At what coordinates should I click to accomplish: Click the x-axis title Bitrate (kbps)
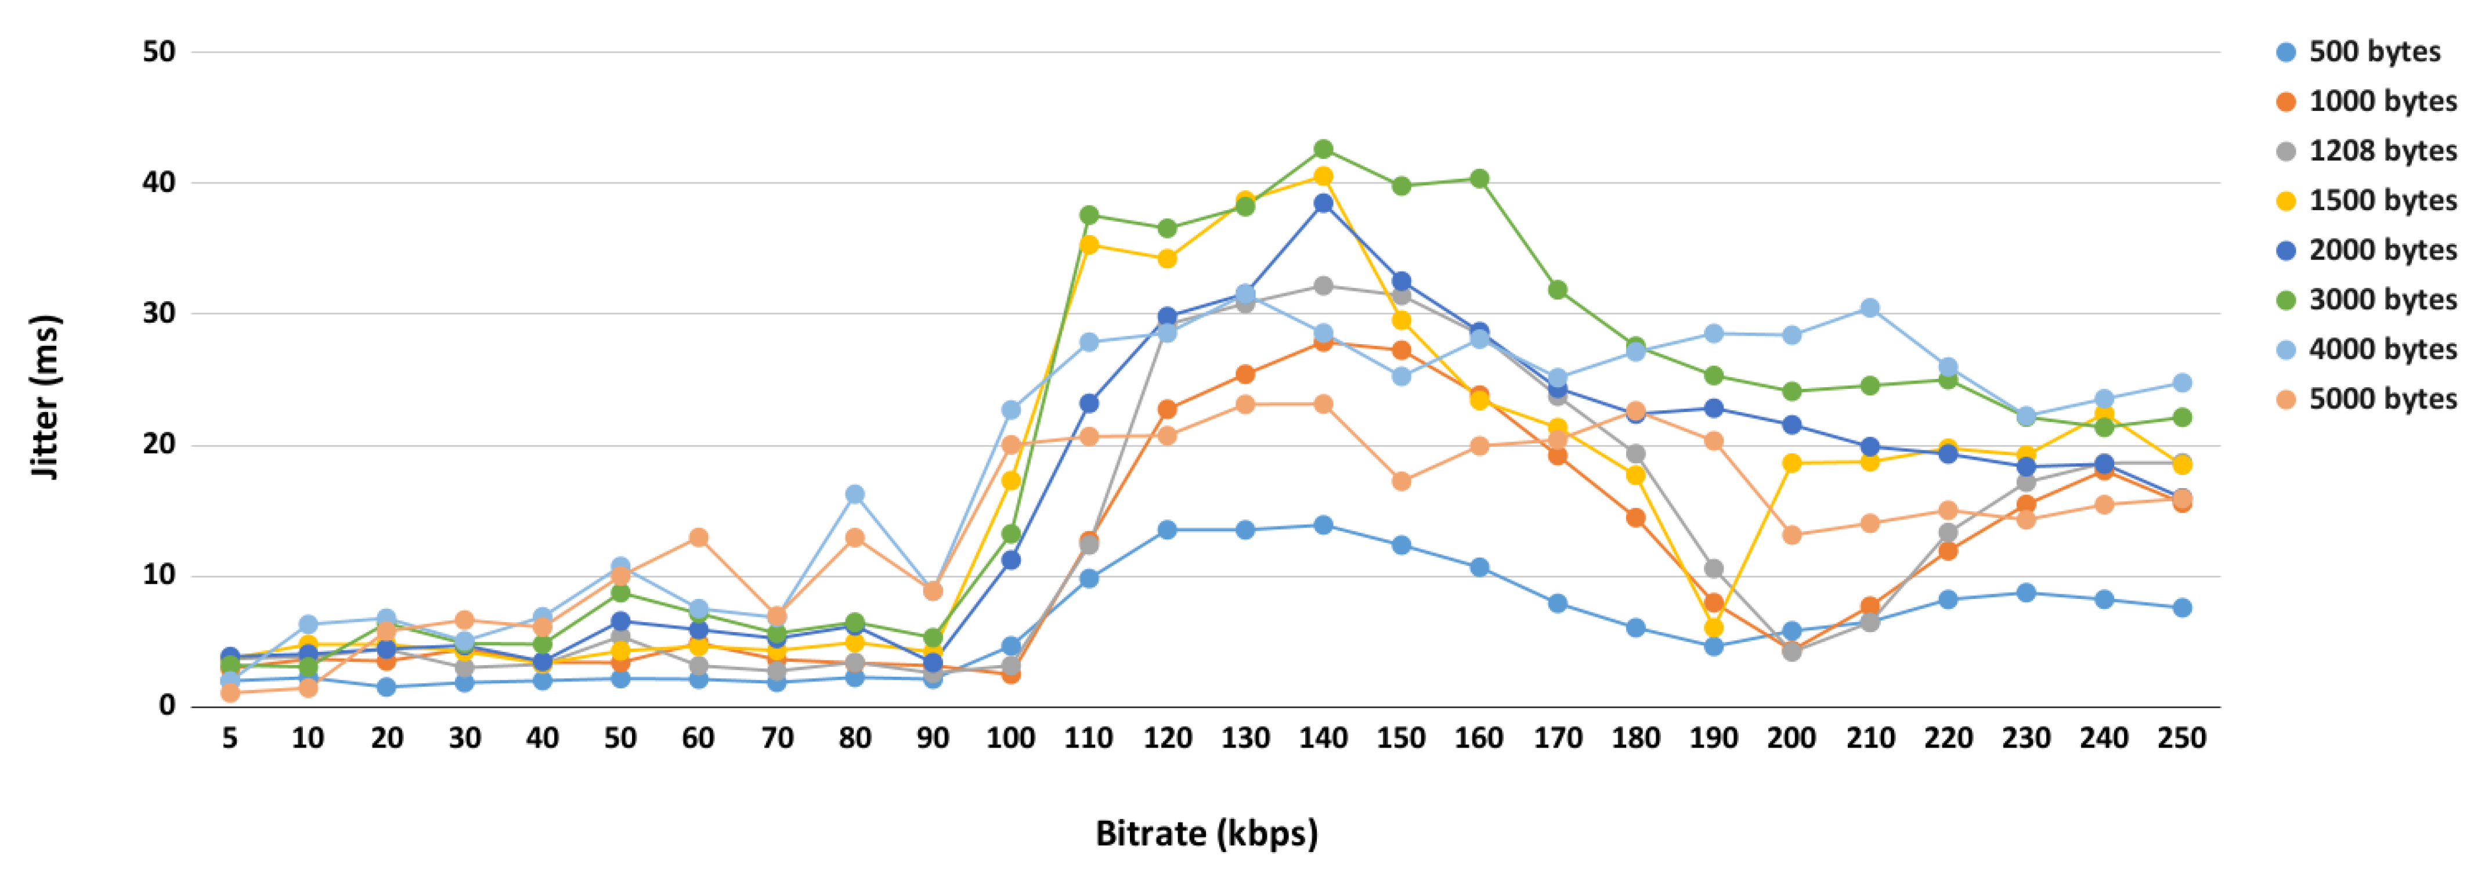click(x=1206, y=833)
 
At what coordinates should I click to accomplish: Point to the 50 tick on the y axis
click(x=159, y=52)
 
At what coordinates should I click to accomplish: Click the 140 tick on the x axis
click(x=1323, y=739)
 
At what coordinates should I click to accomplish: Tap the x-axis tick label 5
click(x=230, y=739)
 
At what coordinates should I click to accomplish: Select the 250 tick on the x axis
click(x=2181, y=739)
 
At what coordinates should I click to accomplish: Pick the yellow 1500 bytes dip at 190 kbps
click(x=1713, y=628)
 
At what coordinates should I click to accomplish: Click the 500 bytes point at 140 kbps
click(x=1323, y=525)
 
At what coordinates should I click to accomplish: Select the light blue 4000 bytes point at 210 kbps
click(x=1869, y=308)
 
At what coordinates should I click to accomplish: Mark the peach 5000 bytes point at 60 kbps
click(x=698, y=537)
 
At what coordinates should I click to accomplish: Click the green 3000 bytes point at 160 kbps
click(x=1479, y=179)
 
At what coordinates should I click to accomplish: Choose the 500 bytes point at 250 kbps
click(x=2181, y=608)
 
